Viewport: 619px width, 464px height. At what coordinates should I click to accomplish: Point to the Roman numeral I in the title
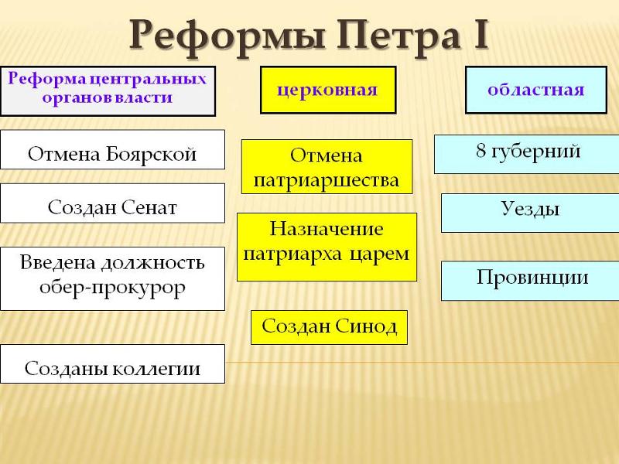(x=480, y=35)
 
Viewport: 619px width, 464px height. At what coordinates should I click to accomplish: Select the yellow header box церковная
(x=328, y=90)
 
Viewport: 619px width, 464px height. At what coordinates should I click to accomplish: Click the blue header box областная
(x=536, y=90)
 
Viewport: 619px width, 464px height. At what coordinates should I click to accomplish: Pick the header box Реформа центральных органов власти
(x=108, y=91)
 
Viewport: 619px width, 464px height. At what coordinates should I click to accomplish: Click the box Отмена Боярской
(x=112, y=149)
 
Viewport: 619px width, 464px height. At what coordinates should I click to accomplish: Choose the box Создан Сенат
(x=112, y=203)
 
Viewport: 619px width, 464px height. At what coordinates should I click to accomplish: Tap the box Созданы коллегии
(x=112, y=363)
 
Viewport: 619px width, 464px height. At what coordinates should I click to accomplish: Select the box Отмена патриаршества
(x=327, y=166)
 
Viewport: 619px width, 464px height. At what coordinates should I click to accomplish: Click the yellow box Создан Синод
(x=330, y=327)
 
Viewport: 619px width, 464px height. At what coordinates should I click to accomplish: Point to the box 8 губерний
(x=527, y=154)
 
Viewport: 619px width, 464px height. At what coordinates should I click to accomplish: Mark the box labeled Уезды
(x=530, y=213)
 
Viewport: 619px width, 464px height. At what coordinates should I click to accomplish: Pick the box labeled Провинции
(x=530, y=281)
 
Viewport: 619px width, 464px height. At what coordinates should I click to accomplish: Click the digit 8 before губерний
(x=480, y=150)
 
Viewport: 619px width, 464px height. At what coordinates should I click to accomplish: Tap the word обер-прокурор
(x=112, y=288)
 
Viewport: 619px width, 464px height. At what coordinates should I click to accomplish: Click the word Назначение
(x=327, y=229)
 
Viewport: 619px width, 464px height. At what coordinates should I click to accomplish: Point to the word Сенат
(x=149, y=207)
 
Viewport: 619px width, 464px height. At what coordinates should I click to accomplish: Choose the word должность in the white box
(x=152, y=263)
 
